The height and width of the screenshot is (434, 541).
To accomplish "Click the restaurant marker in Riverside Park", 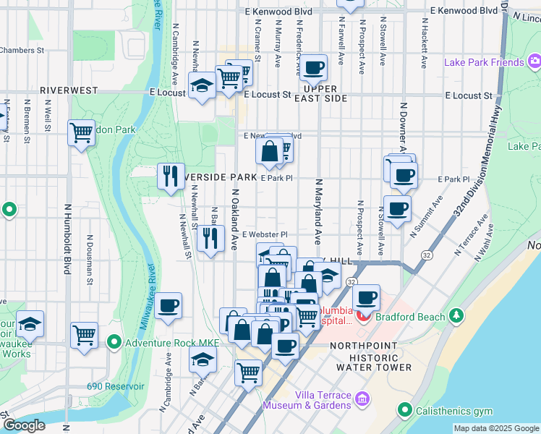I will pos(171,176).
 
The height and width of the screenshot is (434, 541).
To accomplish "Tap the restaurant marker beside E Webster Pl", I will pos(210,238).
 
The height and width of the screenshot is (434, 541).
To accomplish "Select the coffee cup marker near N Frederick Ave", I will pos(313,69).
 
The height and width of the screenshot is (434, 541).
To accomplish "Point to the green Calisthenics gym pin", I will pos(406,412).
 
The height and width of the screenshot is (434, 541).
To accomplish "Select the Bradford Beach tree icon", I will pos(456,315).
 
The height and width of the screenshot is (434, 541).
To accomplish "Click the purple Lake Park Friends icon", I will pos(534,63).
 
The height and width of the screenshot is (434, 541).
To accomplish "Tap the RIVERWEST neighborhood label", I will pos(69,90).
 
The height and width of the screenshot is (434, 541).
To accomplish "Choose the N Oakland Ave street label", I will pos(235,220).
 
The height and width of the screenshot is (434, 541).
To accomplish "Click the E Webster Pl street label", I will pos(265,234).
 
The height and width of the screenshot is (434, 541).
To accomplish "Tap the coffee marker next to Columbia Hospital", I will pos(366,297).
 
